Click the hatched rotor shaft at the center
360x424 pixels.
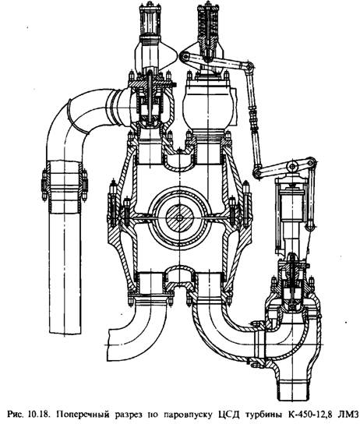click(179, 217)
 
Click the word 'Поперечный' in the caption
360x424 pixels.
click(76, 414)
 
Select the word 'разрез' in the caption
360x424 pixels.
click(115, 415)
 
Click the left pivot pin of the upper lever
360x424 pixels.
click(185, 57)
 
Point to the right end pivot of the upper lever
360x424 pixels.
click(249, 66)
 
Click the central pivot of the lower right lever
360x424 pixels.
click(291, 166)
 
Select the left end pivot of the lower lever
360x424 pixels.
click(257, 173)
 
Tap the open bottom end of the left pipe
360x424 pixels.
click(65, 331)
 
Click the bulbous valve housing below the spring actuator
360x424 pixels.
click(208, 106)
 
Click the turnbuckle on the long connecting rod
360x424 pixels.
click(252, 118)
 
